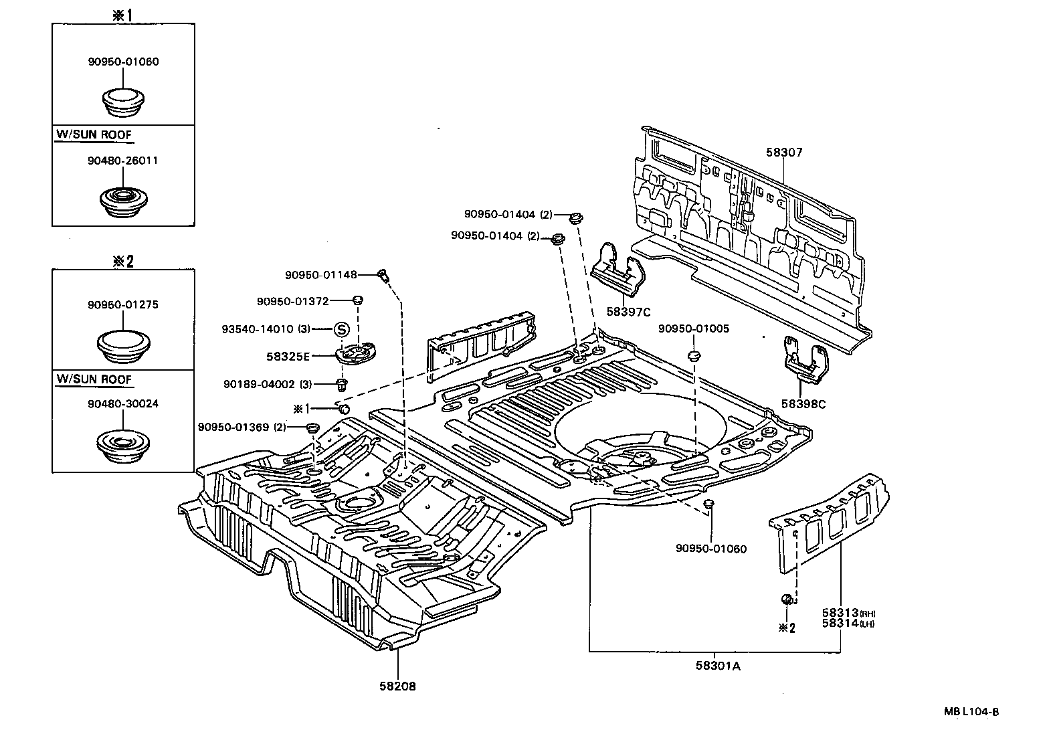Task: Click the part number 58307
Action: pyautogui.click(x=784, y=153)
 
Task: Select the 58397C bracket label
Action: pyautogui.click(x=628, y=312)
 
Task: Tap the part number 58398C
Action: pyautogui.click(x=803, y=404)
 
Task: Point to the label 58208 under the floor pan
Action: pyautogui.click(x=397, y=686)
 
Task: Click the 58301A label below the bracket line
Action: pyautogui.click(x=717, y=666)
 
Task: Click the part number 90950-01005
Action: pyautogui.click(x=693, y=329)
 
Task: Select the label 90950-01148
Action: pyautogui.click(x=320, y=274)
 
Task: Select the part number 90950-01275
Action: pyautogui.click(x=122, y=304)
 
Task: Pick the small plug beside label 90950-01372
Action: pyautogui.click(x=358, y=300)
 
